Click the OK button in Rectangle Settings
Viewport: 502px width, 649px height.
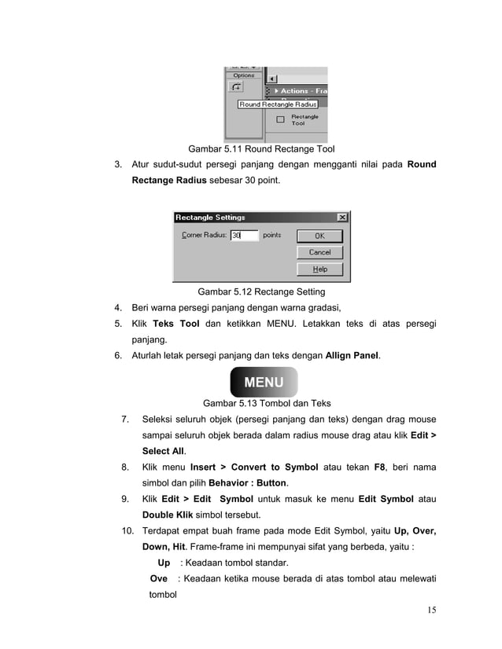(319, 236)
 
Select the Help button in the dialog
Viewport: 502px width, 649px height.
(319, 269)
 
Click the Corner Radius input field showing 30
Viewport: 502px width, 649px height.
(244, 235)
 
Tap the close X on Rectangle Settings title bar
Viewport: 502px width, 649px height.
(342, 218)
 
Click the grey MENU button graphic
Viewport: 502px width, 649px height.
(264, 383)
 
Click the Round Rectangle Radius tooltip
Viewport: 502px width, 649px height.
(278, 104)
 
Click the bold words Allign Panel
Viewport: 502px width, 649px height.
(353, 356)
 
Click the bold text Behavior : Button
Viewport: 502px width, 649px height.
(245, 482)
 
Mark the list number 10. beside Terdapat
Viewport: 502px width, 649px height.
(127, 532)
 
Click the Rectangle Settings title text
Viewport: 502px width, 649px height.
(210, 218)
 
